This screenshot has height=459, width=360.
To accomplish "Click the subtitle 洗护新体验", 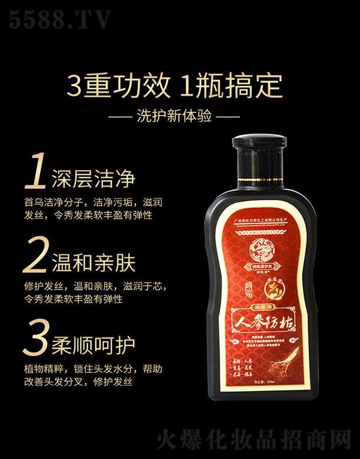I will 179,114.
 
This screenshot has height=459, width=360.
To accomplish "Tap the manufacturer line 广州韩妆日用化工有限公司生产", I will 265,216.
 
